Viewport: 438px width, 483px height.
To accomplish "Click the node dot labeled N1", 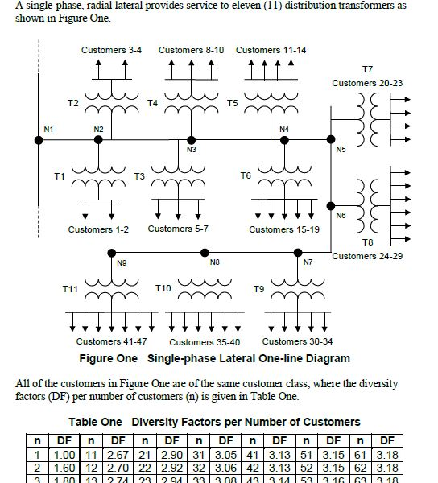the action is [x=39, y=140].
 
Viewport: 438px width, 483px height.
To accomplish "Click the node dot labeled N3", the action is [x=191, y=140].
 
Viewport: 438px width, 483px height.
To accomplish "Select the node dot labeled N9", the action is [x=111, y=252].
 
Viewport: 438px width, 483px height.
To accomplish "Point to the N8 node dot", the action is [x=203, y=252].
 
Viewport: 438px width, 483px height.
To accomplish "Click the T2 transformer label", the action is [x=72, y=103].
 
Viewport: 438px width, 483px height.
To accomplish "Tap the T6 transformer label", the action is [x=246, y=175].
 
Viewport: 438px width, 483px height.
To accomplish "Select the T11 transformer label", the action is [x=70, y=288].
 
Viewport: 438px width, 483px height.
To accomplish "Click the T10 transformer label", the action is [x=163, y=288].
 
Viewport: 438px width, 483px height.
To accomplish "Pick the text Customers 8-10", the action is [x=191, y=50].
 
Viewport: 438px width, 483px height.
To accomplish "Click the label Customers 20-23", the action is [x=367, y=83].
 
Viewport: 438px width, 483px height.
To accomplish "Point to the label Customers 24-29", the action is [x=367, y=256].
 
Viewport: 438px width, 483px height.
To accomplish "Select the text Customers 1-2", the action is [x=98, y=229].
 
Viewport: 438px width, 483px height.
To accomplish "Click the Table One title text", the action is [x=95, y=422].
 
